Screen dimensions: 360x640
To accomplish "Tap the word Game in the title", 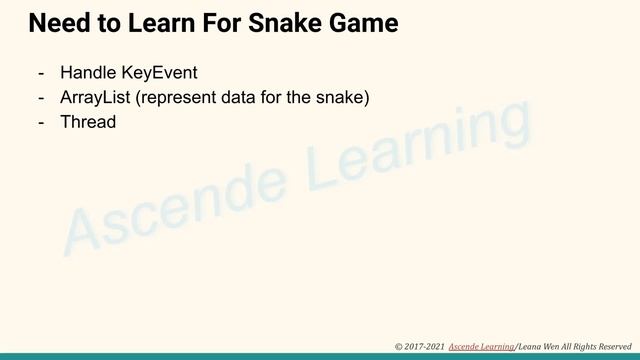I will click(366, 22).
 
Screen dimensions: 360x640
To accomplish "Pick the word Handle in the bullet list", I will click(89, 73).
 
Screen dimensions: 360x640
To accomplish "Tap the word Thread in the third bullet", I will click(88, 122).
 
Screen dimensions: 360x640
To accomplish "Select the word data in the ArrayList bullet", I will click(242, 98).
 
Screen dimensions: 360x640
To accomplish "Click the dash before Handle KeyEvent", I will click(41, 73).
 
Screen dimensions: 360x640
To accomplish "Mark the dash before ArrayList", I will click(41, 98).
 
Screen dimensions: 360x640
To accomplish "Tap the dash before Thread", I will click(41, 122).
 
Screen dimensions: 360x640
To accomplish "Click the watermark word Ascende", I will click(170, 205).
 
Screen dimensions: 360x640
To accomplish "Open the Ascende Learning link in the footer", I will click(481, 345).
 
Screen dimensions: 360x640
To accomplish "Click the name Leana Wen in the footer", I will click(537, 345).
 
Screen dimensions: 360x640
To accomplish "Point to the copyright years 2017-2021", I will click(423, 345).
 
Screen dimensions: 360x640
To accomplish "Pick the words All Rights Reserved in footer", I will click(598, 345).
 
